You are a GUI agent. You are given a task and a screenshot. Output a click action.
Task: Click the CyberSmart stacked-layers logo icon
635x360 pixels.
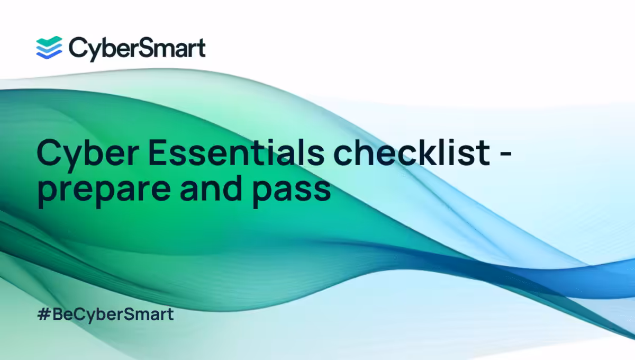[x=49, y=48]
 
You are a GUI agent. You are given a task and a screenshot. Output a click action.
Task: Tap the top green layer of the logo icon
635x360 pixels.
[x=49, y=41]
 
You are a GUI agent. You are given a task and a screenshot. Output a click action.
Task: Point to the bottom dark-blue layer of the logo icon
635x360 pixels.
[x=49, y=55]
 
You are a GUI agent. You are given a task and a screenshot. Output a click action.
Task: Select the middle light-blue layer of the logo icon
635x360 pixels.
[x=49, y=49]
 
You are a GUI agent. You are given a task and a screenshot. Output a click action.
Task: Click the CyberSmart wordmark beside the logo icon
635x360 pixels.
[x=137, y=49]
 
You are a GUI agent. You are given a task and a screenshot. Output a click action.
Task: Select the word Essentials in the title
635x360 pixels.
[x=236, y=152]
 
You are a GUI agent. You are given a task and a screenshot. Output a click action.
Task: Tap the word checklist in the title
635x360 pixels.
[x=411, y=152]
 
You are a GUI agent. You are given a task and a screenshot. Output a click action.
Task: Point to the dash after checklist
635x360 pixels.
[x=505, y=155]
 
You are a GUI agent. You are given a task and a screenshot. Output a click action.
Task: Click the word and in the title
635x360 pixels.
[x=211, y=187]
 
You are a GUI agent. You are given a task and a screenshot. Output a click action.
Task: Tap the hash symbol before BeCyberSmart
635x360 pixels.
[x=44, y=314]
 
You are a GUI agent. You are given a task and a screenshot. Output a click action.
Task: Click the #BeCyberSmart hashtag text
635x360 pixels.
[x=105, y=315]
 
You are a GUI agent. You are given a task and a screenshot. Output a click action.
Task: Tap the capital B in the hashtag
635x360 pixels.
[x=58, y=314]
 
